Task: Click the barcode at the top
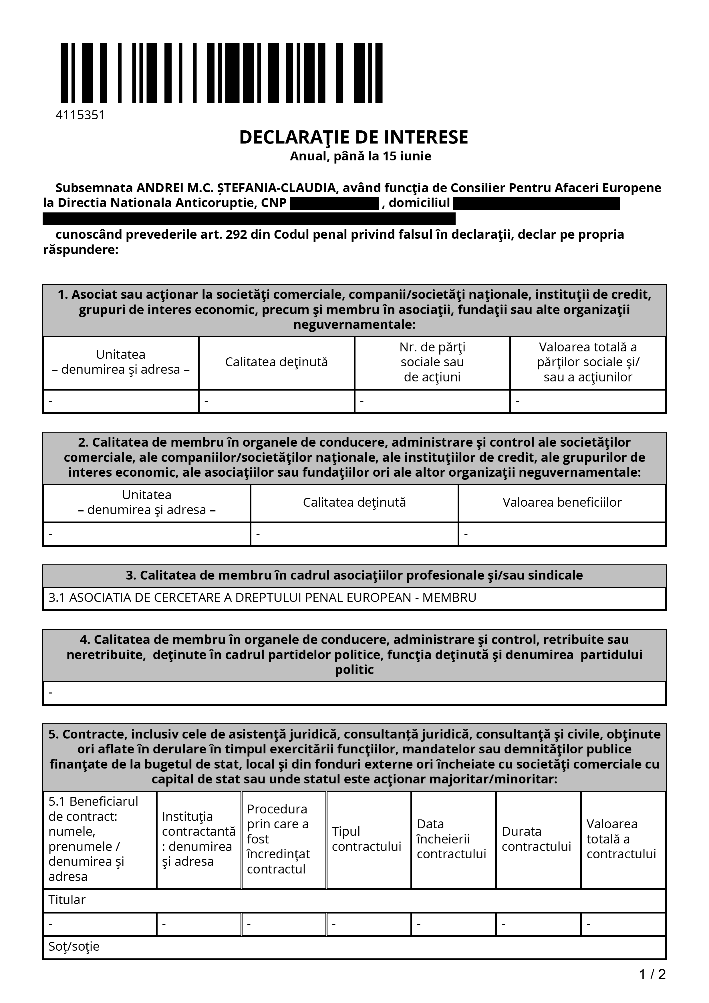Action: (x=221, y=73)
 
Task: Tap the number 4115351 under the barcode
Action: (x=80, y=115)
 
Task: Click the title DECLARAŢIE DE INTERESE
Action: (x=353, y=137)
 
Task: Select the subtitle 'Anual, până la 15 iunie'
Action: (x=360, y=156)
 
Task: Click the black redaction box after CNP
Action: (x=334, y=204)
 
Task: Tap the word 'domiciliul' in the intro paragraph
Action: (x=419, y=203)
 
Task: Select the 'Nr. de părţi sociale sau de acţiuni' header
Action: (x=432, y=362)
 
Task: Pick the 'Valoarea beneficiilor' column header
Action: (x=562, y=502)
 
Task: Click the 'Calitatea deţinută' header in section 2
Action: (x=354, y=502)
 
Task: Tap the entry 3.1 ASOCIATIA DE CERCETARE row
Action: (x=262, y=598)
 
